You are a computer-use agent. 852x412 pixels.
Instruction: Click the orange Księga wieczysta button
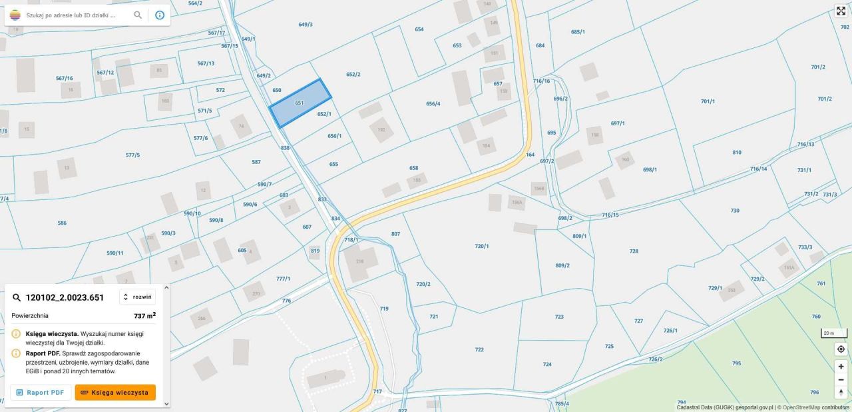(x=115, y=393)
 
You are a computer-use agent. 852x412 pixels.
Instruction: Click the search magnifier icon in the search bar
(x=138, y=15)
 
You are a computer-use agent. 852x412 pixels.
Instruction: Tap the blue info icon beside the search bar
(x=160, y=15)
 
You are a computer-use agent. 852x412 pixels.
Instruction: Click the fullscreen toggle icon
(x=841, y=11)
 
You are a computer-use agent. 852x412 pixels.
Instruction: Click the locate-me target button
(x=841, y=349)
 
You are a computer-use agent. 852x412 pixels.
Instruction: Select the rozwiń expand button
(x=137, y=297)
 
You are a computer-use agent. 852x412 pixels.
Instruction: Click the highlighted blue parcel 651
(x=300, y=103)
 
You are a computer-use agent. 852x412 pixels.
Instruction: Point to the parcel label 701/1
(x=708, y=101)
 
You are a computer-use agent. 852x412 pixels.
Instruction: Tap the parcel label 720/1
(x=481, y=246)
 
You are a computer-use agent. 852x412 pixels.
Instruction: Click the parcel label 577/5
(x=132, y=155)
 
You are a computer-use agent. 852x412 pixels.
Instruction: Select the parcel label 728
(x=634, y=251)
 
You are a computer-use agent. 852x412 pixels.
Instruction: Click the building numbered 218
(x=360, y=261)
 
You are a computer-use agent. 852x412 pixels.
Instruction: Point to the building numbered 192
(x=381, y=130)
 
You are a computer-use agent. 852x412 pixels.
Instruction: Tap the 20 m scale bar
(x=833, y=333)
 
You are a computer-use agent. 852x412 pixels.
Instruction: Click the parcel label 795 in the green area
(x=736, y=363)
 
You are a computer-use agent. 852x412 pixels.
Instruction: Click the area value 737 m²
(x=144, y=316)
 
